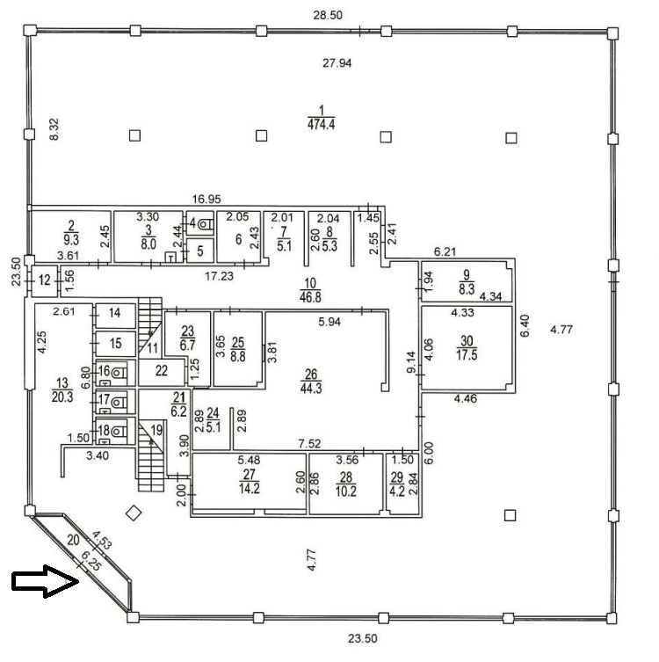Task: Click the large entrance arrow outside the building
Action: (45, 581)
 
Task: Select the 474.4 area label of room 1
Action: (322, 125)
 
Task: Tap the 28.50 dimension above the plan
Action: (328, 15)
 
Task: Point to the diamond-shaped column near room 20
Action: (134, 513)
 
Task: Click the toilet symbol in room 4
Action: (206, 224)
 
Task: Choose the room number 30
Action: (467, 340)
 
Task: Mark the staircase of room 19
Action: (151, 456)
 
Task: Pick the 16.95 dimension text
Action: (206, 199)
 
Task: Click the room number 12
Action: (44, 280)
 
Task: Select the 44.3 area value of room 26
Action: (311, 388)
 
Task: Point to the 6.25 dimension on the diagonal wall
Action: (91, 561)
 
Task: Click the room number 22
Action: (162, 371)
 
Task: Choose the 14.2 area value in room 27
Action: (250, 489)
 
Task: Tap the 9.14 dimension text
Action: (411, 362)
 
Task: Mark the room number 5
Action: (200, 251)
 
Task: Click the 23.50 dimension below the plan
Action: (362, 638)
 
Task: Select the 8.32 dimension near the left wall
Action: (54, 129)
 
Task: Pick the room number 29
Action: (396, 477)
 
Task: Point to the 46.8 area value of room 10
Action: (310, 297)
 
